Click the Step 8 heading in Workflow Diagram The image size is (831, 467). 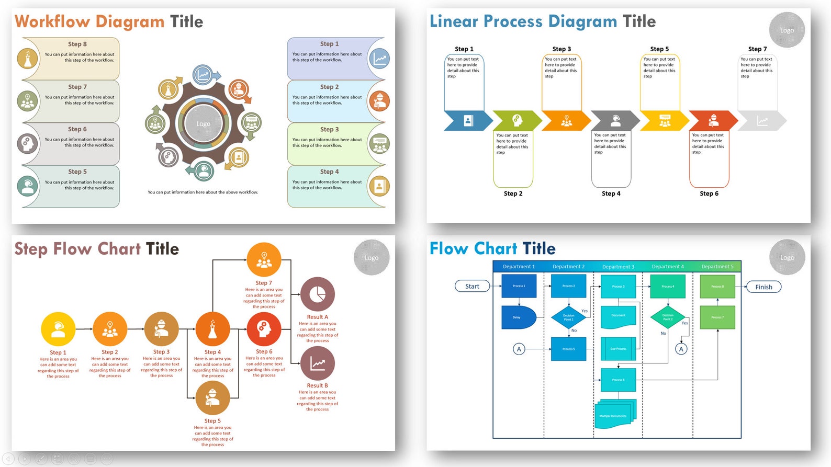[77, 44]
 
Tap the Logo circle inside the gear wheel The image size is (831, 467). [204, 124]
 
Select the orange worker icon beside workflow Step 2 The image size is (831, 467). [379, 101]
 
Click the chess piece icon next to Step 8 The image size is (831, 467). [28, 59]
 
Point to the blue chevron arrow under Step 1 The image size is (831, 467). [468, 121]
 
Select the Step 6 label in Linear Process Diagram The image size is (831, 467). [709, 193]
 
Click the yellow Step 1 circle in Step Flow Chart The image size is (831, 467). [58, 329]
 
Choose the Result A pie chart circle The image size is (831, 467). [317, 294]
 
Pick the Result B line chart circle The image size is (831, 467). [317, 363]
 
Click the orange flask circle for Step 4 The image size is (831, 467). [212, 329]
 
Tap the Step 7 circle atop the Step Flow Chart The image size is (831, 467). [264, 260]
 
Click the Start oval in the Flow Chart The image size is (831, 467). [472, 286]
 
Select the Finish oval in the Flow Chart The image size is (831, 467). [763, 287]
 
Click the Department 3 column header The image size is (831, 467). [618, 267]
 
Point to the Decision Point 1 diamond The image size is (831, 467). [568, 316]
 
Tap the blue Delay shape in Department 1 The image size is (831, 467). [518, 317]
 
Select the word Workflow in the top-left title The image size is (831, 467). [52, 21]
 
